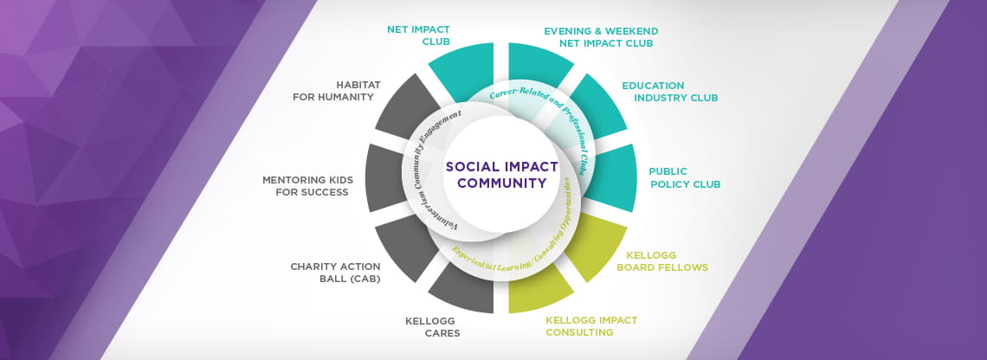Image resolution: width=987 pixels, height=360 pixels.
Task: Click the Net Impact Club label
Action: tap(418, 35)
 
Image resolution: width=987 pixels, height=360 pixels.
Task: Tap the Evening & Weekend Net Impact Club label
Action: tap(601, 37)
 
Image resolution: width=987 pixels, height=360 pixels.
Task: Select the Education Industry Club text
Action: tap(670, 92)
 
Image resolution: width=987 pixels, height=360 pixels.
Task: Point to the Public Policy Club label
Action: tap(685, 178)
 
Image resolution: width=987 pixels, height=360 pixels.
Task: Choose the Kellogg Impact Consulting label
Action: tap(591, 326)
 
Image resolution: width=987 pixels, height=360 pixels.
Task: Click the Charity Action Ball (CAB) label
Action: tap(336, 273)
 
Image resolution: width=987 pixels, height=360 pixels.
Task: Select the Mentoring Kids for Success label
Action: tap(308, 186)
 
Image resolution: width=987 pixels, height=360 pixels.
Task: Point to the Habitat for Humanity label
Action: tap(333, 91)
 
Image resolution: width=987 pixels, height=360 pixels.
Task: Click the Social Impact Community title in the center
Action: tap(501, 175)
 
